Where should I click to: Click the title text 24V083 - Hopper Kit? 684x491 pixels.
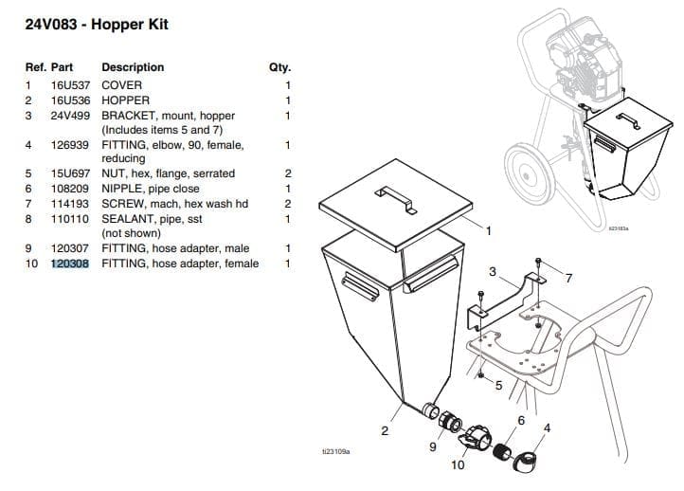pyautogui.click(x=97, y=24)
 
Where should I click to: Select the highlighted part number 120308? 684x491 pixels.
pyautogui.click(x=70, y=263)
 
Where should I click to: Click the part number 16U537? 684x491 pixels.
pyautogui.click(x=69, y=84)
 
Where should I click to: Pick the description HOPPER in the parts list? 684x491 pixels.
pyautogui.click(x=126, y=100)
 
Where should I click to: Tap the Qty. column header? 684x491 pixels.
pyautogui.click(x=280, y=67)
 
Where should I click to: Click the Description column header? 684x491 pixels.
pyautogui.click(x=133, y=67)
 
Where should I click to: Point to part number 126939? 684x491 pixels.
pyautogui.click(x=69, y=145)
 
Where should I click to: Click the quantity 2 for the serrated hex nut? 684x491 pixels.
pyautogui.click(x=288, y=173)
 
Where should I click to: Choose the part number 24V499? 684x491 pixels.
pyautogui.click(x=69, y=115)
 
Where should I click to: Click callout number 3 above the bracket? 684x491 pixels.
pyautogui.click(x=492, y=271)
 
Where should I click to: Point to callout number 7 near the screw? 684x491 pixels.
pyautogui.click(x=568, y=278)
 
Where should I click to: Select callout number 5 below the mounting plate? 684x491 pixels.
pyautogui.click(x=498, y=385)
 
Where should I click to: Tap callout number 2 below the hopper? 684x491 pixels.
pyautogui.click(x=384, y=431)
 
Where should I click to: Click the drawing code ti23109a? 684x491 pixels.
pyautogui.click(x=336, y=451)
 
